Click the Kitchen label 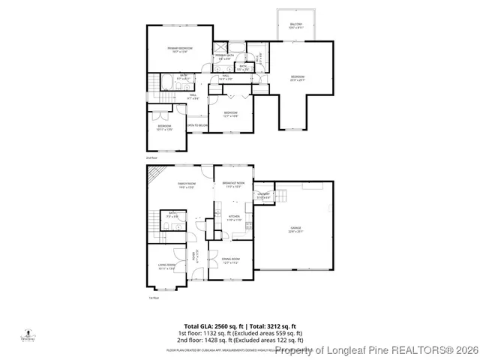[x=234, y=218]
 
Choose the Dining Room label [x=230, y=261]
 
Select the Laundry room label [x=263, y=195]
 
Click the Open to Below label [x=196, y=125]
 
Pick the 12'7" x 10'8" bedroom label [x=230, y=115]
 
